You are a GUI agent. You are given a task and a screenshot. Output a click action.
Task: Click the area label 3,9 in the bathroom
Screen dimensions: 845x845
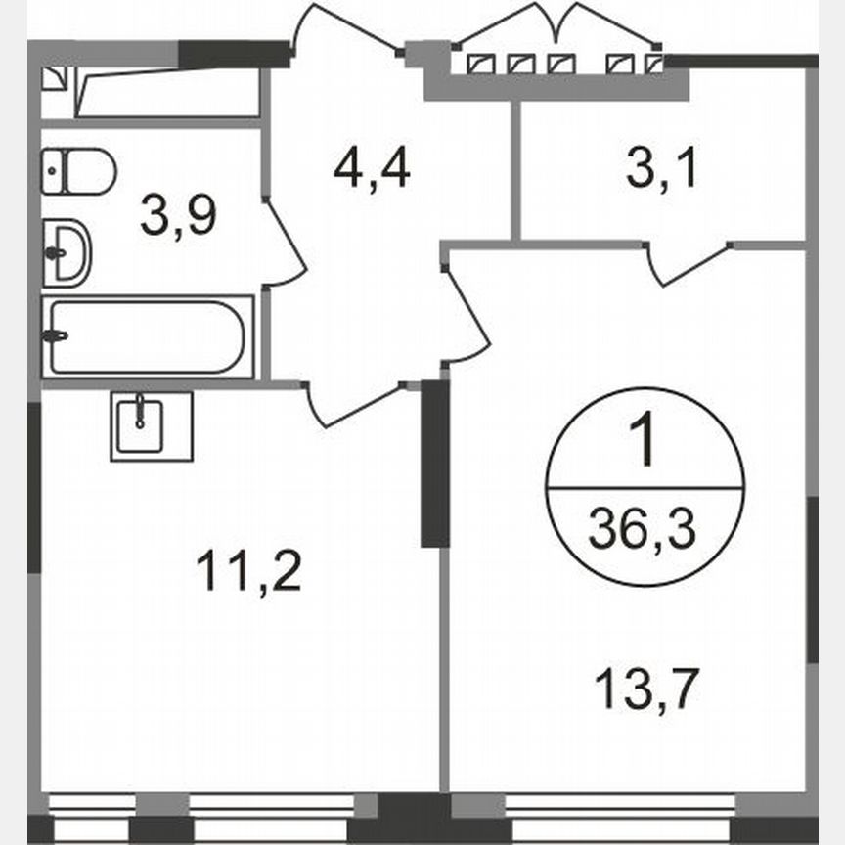point(177,216)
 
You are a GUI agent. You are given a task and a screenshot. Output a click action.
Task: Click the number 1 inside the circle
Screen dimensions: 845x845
point(645,443)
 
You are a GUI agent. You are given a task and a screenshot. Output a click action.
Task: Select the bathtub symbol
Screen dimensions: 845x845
point(147,336)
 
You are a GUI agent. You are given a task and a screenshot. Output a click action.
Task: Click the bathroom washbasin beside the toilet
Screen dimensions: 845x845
point(67,251)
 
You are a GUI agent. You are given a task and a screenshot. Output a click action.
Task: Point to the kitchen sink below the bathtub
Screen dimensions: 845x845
point(151,426)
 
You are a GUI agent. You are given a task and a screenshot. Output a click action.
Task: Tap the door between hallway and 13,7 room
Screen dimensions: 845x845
point(467,313)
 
